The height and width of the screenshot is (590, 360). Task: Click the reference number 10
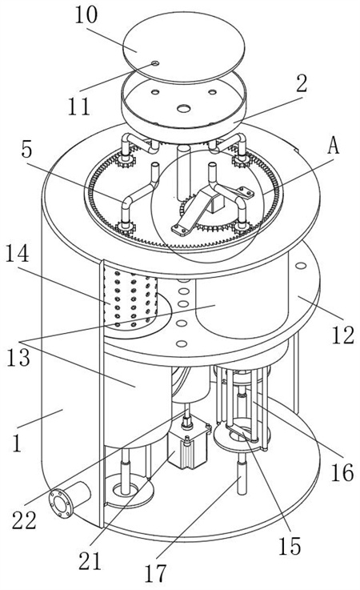click(86, 15)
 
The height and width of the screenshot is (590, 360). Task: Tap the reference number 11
click(79, 106)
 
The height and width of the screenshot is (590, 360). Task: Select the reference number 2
click(302, 83)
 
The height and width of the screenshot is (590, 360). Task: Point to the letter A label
click(334, 145)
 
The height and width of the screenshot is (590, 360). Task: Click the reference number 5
click(26, 151)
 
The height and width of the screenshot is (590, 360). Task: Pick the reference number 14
click(17, 254)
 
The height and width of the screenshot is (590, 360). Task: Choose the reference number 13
click(18, 358)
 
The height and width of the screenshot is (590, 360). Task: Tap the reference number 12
click(342, 335)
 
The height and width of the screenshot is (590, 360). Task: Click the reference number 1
click(17, 443)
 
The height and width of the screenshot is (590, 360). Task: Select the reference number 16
click(342, 472)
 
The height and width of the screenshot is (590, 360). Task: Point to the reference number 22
click(24, 520)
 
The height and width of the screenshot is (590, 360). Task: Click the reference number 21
click(90, 561)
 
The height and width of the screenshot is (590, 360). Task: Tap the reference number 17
click(155, 574)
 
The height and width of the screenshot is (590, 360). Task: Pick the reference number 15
click(290, 546)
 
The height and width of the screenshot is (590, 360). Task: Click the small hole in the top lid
click(155, 63)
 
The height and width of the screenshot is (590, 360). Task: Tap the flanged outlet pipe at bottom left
click(70, 499)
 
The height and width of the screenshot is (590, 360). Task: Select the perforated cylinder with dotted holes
click(130, 297)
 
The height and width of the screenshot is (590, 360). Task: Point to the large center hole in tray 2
click(184, 108)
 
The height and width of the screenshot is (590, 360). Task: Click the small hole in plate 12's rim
click(301, 266)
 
